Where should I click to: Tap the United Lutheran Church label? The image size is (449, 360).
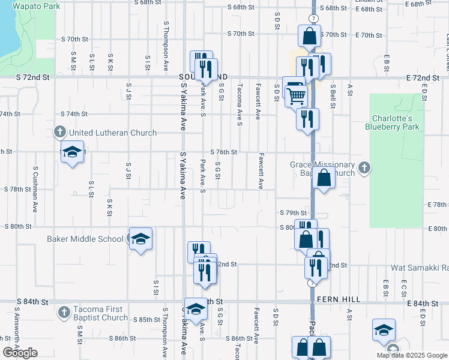point(113,133)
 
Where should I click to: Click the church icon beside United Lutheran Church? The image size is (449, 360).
point(59,131)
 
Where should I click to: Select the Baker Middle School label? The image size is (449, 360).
point(85,239)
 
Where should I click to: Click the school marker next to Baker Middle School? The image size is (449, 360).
point(140,239)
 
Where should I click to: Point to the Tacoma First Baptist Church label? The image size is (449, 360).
point(100,313)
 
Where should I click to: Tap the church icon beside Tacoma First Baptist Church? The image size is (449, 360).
point(64,312)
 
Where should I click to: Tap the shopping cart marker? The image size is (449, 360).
point(296,95)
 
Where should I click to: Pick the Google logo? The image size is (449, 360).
point(20,353)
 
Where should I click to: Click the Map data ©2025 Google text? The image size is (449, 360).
point(412,355)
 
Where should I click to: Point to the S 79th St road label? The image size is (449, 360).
point(293,213)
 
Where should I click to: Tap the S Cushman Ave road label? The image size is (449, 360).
point(36,188)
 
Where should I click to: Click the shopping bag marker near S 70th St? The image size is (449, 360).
point(309,37)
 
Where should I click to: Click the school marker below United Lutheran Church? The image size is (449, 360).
point(72,153)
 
